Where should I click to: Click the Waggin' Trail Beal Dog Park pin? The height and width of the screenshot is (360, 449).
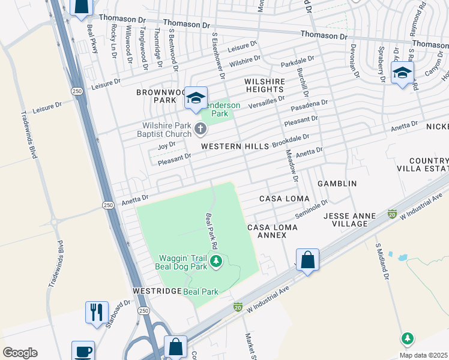217,261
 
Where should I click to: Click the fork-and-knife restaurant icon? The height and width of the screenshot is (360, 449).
97,312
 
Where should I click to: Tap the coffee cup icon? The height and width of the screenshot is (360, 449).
83,351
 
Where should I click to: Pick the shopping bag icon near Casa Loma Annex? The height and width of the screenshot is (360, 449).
307,260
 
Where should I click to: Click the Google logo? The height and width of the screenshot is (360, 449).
20,353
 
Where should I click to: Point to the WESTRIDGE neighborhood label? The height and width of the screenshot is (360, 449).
157,290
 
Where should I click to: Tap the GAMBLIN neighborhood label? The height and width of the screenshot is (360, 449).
337,183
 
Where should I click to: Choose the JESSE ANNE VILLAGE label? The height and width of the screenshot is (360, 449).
345,220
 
